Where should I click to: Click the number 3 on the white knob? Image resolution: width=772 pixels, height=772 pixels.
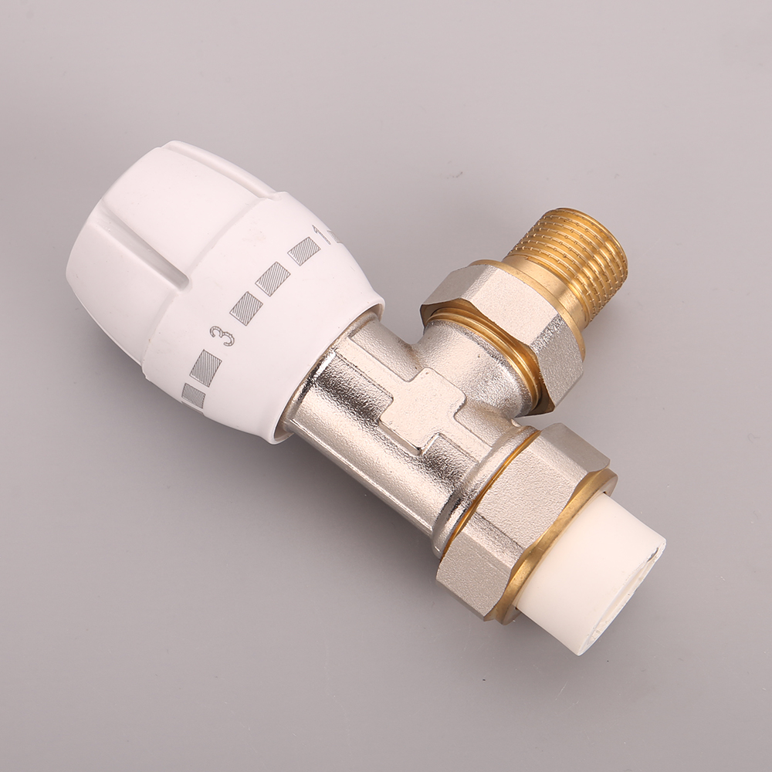click(222, 336)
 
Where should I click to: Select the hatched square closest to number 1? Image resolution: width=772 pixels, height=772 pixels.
click(303, 251)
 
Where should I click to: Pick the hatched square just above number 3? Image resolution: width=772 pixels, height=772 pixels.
click(245, 308)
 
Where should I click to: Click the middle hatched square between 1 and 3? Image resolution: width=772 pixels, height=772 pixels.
click(273, 279)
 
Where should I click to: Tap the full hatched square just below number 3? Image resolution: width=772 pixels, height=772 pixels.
click(206, 367)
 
